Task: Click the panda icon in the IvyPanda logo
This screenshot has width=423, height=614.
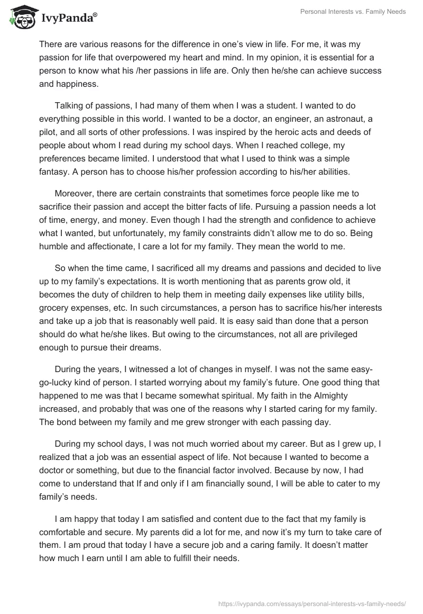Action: coord(20,18)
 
